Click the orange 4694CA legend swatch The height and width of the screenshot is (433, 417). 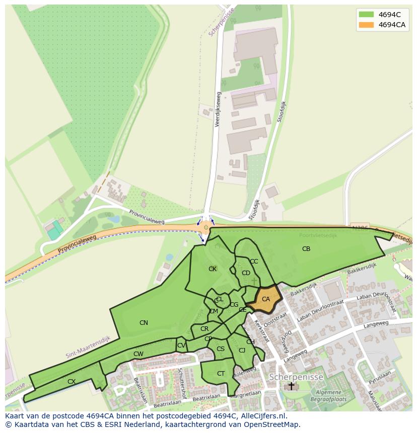pos(366,25)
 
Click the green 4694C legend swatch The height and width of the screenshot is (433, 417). pos(366,14)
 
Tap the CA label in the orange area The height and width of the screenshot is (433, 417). pos(266,299)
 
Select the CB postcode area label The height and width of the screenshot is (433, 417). pos(306,249)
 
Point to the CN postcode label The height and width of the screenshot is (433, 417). pos(144,323)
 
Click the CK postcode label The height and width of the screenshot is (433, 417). pos(213,269)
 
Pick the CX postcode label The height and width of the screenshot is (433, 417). pos(72,382)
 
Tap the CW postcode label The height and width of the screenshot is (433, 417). pos(138,354)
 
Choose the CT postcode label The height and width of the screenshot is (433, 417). pos(221,374)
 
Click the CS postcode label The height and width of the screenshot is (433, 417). pos(221,349)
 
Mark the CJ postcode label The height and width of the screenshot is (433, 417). pos(242,351)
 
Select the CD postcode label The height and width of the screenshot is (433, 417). pos(246,273)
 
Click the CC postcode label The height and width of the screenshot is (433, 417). pos(254,262)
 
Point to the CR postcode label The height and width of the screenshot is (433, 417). pos(204,329)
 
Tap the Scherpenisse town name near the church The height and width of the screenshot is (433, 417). pos(296,377)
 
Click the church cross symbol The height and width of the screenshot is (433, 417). pos(291,386)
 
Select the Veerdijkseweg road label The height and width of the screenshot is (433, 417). pos(219,109)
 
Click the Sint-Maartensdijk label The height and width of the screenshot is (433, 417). pos(88,347)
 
